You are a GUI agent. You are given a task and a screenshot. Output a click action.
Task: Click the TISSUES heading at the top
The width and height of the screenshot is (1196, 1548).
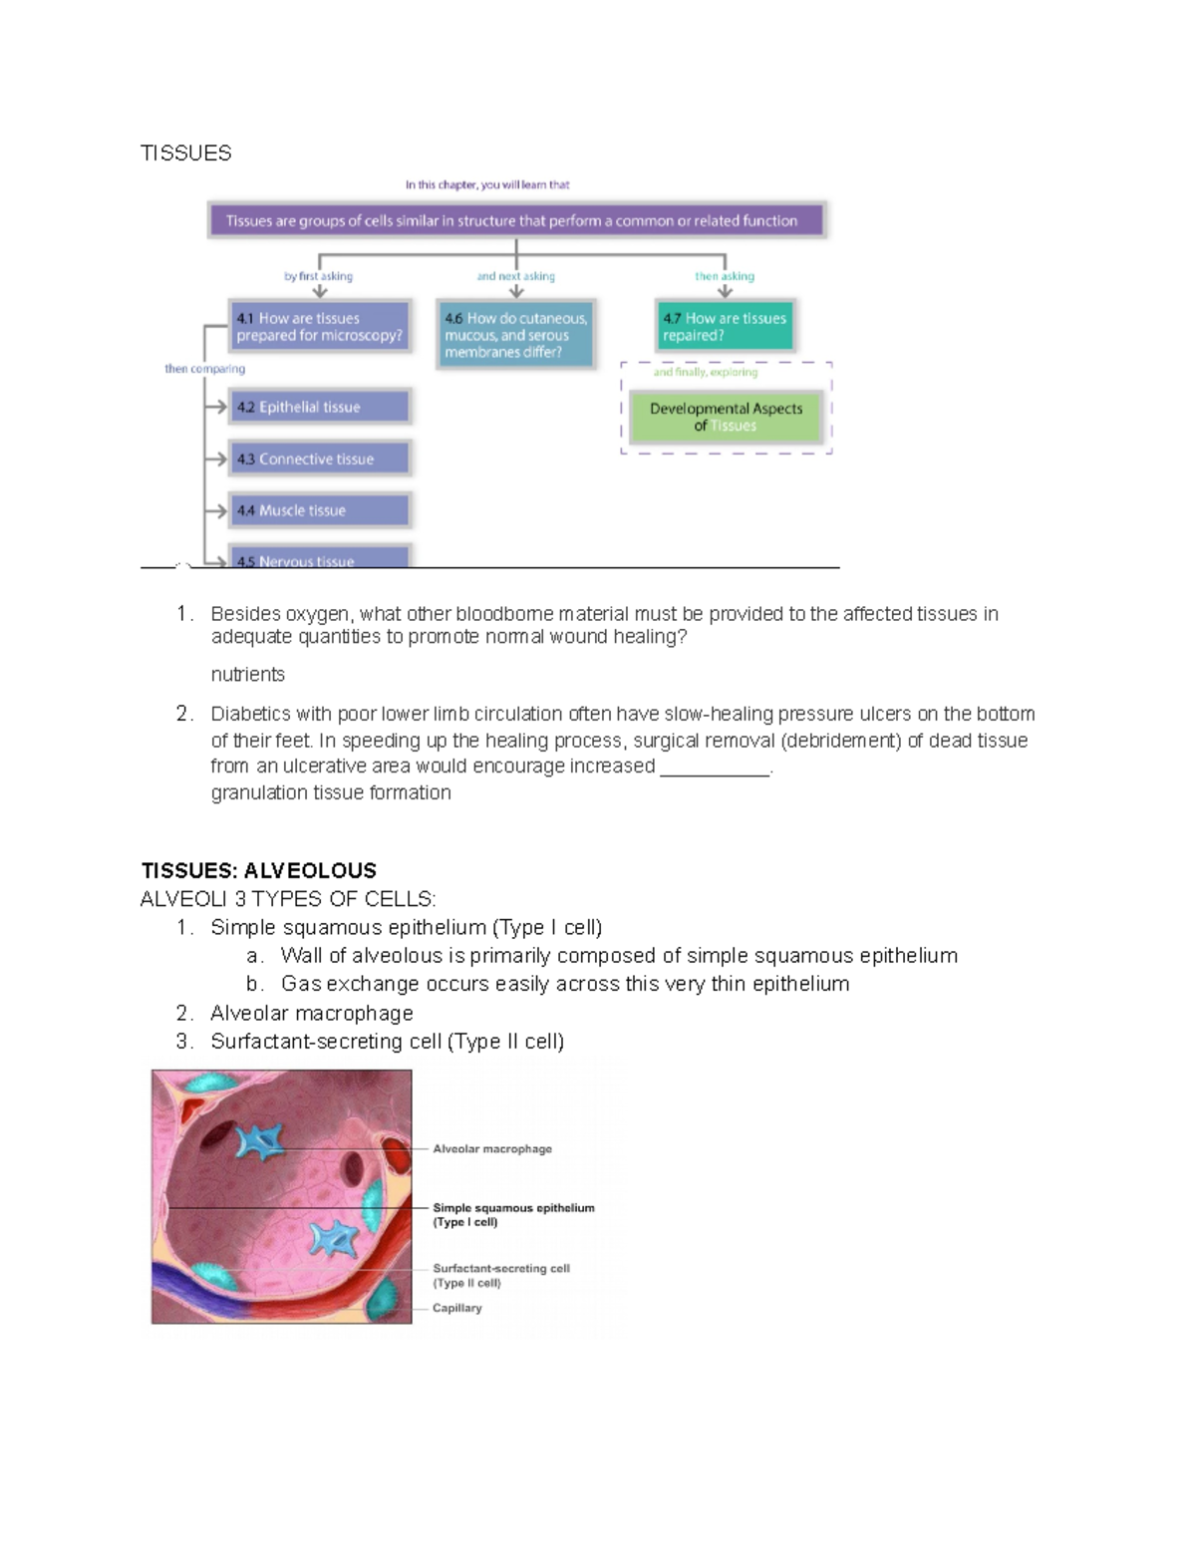coord(185,153)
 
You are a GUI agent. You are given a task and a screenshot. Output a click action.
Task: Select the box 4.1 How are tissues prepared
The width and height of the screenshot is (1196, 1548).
coord(319,327)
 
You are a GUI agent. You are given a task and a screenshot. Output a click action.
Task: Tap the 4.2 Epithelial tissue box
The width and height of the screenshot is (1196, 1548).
coord(319,407)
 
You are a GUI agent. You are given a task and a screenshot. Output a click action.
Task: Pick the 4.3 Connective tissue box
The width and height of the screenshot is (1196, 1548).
coord(319,459)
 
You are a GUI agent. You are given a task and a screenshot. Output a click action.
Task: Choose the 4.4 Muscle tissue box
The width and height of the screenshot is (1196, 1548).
coord(319,510)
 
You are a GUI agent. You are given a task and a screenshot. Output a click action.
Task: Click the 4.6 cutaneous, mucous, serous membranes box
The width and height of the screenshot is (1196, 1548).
coord(515,335)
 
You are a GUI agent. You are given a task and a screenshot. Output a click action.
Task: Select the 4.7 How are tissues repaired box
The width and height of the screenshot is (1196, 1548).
coord(725,327)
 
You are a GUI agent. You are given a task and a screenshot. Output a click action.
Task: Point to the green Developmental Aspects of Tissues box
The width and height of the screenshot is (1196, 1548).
coord(726,417)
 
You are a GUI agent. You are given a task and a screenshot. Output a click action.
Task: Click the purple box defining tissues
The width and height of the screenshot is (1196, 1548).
coord(516,220)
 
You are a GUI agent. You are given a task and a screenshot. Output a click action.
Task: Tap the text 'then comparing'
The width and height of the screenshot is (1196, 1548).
coord(204,369)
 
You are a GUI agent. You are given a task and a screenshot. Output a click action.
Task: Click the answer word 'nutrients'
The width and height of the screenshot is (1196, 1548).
coord(247,675)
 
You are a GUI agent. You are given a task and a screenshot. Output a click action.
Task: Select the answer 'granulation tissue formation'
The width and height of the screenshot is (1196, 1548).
coord(331,792)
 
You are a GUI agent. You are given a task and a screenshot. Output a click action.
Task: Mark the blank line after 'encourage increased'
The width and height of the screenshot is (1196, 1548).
coord(715,769)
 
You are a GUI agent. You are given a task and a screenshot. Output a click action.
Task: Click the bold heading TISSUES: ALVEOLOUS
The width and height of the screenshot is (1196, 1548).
coord(259,870)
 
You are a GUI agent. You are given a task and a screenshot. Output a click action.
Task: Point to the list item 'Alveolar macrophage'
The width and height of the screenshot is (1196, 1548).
coord(311,1013)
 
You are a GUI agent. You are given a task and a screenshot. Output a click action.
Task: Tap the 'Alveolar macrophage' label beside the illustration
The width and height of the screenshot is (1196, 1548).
coord(492,1149)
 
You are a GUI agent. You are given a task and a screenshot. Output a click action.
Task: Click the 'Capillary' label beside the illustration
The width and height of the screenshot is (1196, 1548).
coord(457,1308)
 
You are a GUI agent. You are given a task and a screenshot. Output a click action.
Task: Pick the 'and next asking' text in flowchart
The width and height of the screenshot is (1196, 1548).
coord(515,276)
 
